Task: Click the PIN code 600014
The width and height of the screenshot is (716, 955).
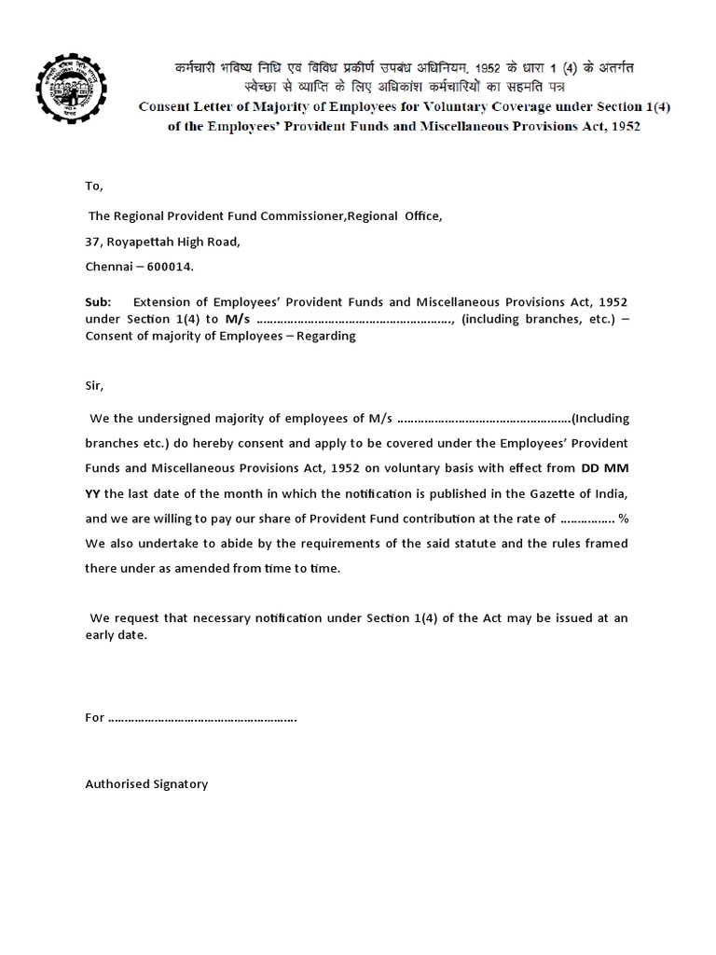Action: click(x=170, y=268)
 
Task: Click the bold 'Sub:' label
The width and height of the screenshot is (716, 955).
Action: click(x=98, y=302)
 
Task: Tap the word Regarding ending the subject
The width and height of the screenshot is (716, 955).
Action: click(x=326, y=336)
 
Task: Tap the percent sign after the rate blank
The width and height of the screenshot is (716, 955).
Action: click(x=623, y=518)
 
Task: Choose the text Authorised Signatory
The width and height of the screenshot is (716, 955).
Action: click(x=146, y=784)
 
